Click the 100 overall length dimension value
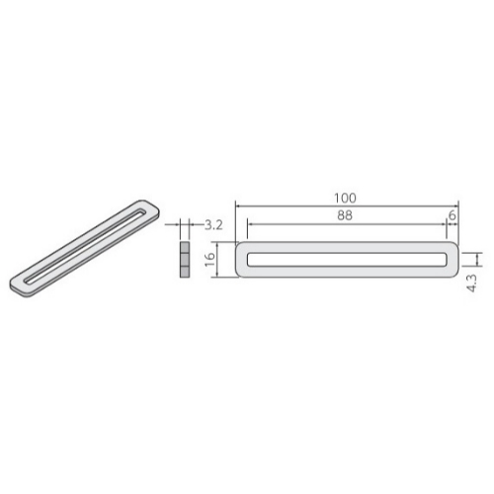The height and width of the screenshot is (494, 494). click(x=345, y=198)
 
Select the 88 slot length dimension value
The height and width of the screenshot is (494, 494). click(x=345, y=215)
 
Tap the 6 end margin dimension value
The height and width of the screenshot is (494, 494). click(x=453, y=215)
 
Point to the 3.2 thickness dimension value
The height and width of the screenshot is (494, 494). click(x=213, y=225)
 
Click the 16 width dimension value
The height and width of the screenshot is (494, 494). click(x=209, y=260)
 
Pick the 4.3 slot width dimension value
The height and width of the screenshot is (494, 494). click(x=471, y=284)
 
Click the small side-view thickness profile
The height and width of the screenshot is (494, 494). click(x=185, y=260)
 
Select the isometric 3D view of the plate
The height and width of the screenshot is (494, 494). click(x=85, y=249)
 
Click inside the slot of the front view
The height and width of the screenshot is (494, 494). click(x=347, y=259)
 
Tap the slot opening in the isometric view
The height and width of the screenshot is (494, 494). click(x=85, y=246)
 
